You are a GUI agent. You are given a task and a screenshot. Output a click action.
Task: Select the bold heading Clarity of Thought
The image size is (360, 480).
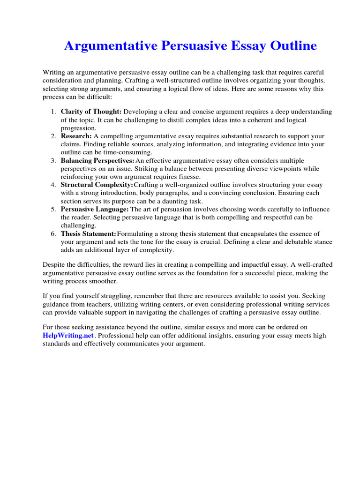click(x=91, y=112)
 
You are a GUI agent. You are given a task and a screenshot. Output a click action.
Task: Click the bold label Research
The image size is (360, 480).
click(x=75, y=136)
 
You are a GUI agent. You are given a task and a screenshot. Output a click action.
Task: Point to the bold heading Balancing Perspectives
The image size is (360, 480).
click(x=97, y=160)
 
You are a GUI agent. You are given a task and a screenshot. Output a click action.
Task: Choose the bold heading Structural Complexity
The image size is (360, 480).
click(x=97, y=185)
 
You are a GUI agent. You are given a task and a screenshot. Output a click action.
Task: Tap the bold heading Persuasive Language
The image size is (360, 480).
click(x=94, y=209)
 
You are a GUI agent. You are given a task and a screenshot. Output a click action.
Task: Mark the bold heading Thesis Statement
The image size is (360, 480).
click(x=88, y=233)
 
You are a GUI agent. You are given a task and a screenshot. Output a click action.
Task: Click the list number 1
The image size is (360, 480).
click(x=52, y=112)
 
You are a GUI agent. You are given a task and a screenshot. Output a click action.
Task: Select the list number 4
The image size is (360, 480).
click(x=52, y=185)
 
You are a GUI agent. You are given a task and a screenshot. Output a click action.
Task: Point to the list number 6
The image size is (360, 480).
click(x=52, y=233)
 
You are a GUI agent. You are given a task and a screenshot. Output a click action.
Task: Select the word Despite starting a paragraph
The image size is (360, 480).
click(x=54, y=265)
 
